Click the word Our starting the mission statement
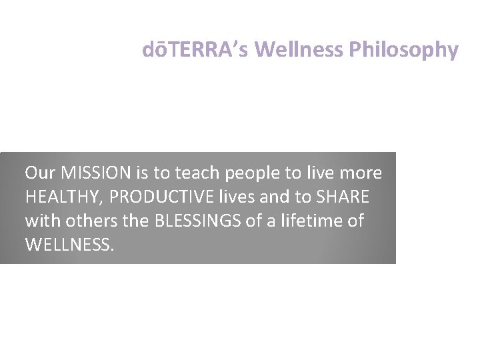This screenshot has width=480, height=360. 39,173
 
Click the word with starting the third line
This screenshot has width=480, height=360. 42,220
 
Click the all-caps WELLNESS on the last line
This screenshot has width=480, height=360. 70,244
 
